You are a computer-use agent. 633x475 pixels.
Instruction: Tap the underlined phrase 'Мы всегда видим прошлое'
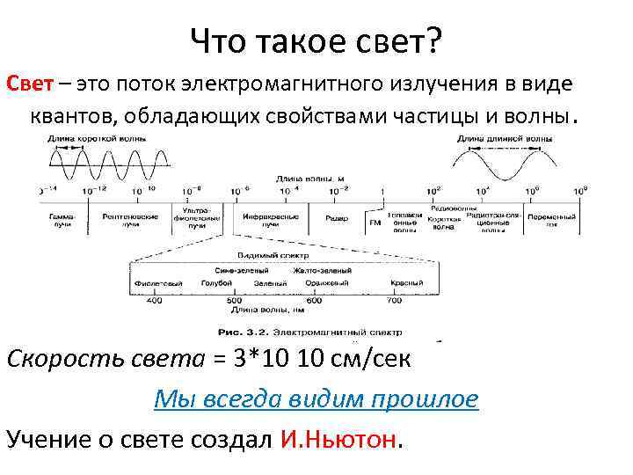click(x=316, y=398)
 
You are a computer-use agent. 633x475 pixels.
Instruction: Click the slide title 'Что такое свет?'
click(x=316, y=40)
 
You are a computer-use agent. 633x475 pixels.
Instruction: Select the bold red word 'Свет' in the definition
click(x=32, y=85)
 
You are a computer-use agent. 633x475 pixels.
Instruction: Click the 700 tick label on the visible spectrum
click(x=393, y=300)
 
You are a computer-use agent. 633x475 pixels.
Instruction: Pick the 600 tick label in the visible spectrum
click(x=314, y=300)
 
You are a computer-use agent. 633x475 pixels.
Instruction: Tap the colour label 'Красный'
click(x=408, y=283)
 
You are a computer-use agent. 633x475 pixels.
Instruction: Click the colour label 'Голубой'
click(x=215, y=283)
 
